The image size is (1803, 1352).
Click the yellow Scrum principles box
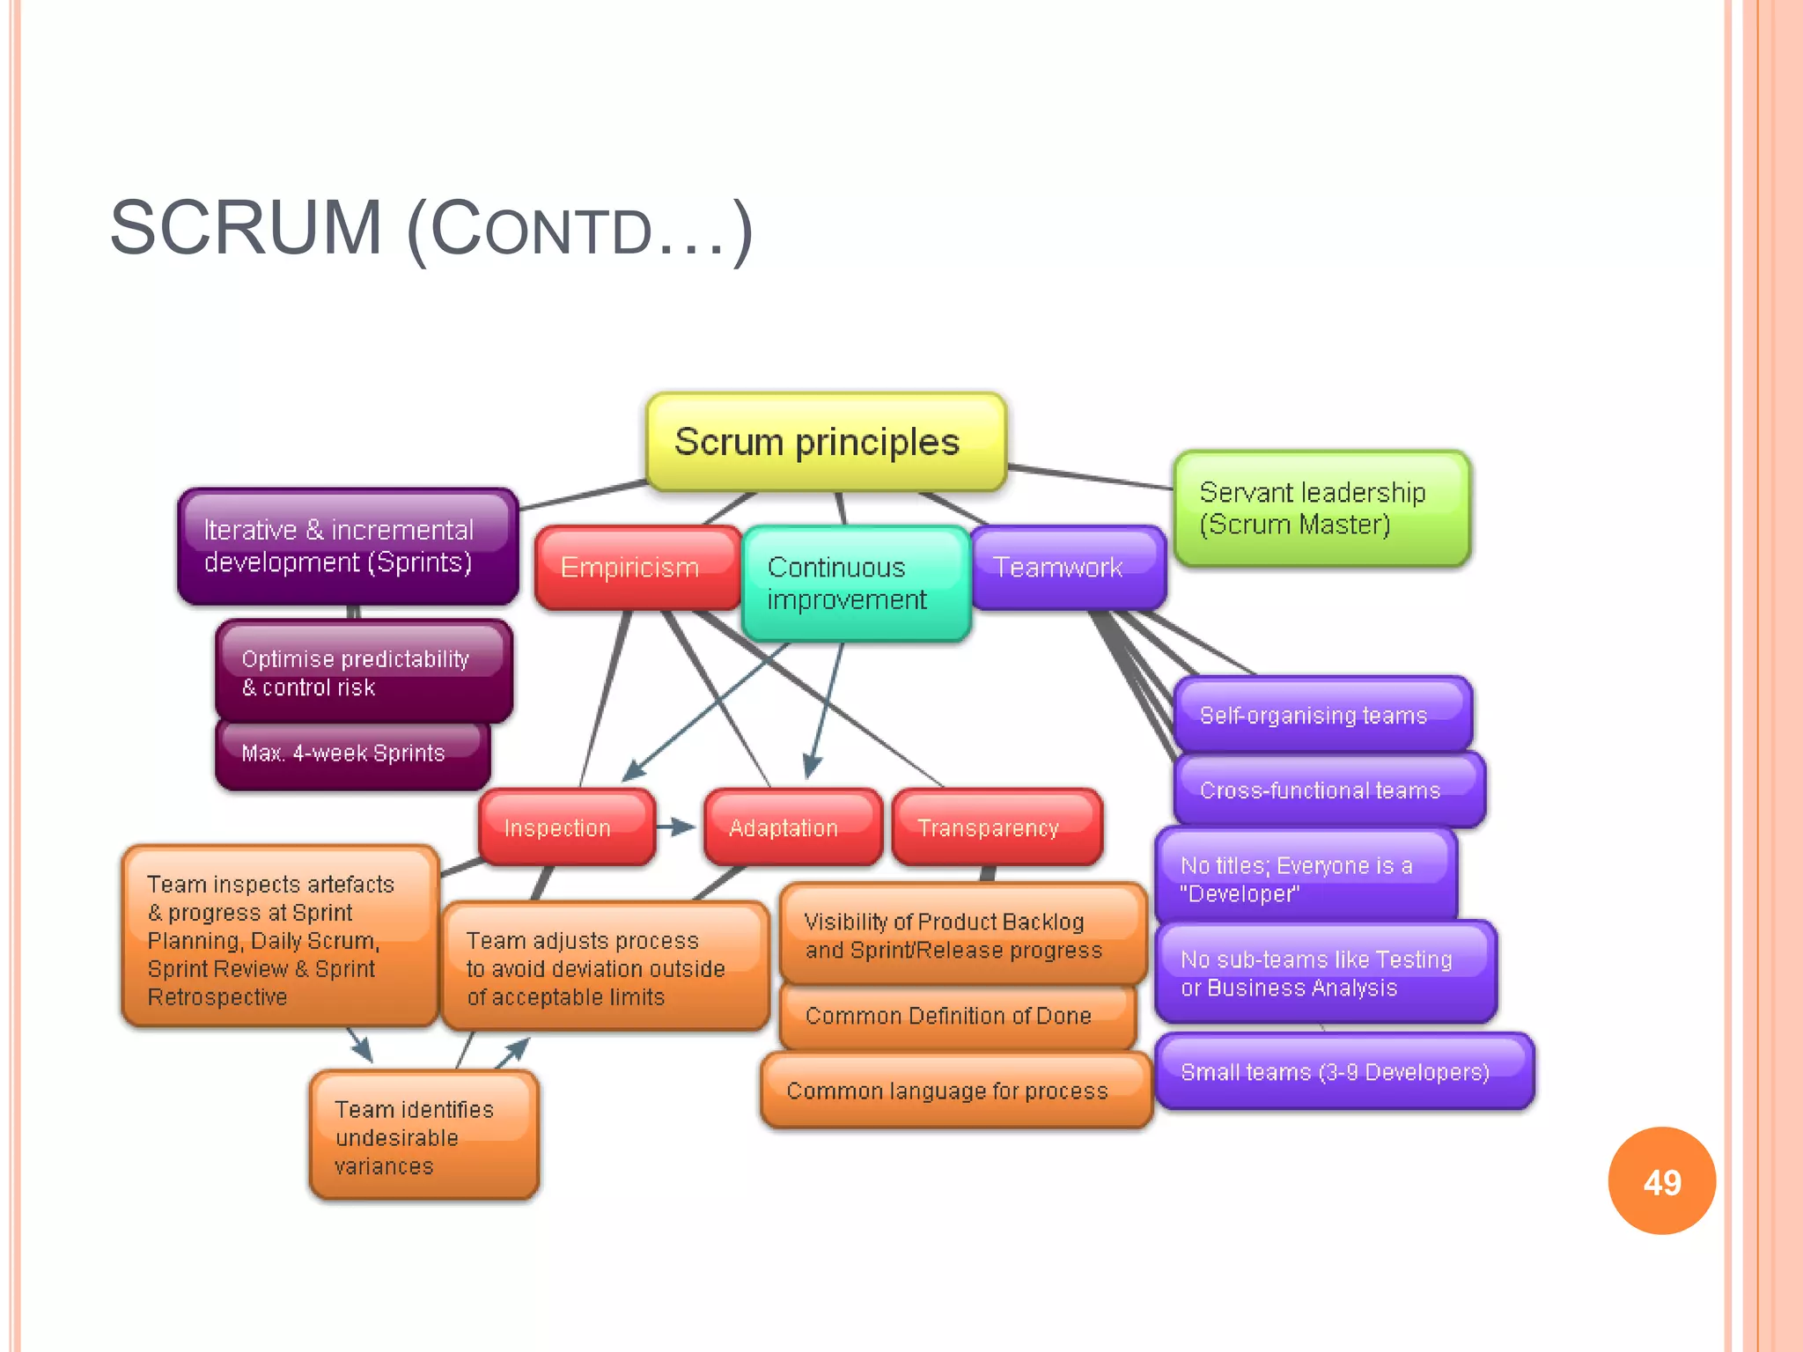(x=826, y=442)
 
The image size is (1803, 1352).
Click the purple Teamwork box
(x=1068, y=568)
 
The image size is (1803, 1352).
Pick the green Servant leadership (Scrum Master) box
(x=1321, y=509)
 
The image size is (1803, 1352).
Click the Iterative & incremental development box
(x=348, y=547)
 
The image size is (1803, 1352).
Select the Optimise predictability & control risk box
(x=364, y=672)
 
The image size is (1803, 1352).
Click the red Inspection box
(x=567, y=827)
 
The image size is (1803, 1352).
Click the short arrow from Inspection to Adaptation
(x=676, y=827)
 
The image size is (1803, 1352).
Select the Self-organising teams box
(x=1321, y=715)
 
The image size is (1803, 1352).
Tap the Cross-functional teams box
(x=1328, y=790)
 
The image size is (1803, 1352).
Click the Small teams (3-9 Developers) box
(x=1343, y=1071)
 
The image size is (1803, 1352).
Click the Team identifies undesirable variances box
(x=423, y=1136)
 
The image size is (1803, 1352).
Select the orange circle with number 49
(x=1661, y=1181)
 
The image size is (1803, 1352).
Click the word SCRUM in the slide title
(x=246, y=229)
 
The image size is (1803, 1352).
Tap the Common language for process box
(x=955, y=1091)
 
